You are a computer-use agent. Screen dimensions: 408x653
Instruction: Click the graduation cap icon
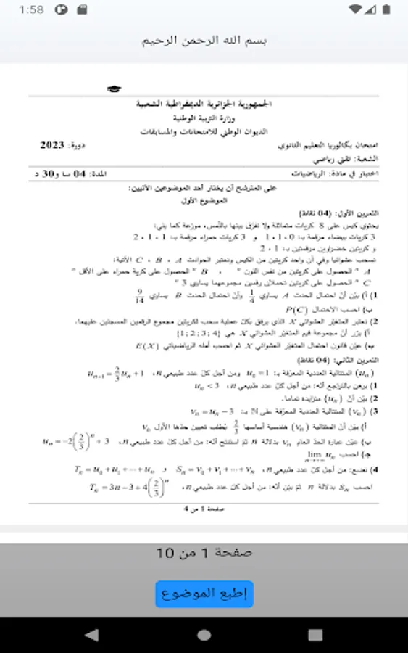pyautogui.click(x=114, y=89)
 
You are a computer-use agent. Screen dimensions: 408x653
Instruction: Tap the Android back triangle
pyautogui.click(x=91, y=635)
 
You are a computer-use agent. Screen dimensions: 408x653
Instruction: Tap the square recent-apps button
pyautogui.click(x=316, y=635)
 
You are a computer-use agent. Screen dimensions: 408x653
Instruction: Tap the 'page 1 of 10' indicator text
pyautogui.click(x=204, y=553)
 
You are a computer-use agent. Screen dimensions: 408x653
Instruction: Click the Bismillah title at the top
pyautogui.click(x=204, y=40)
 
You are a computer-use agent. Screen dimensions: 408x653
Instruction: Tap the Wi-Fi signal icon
pyautogui.click(x=354, y=10)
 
